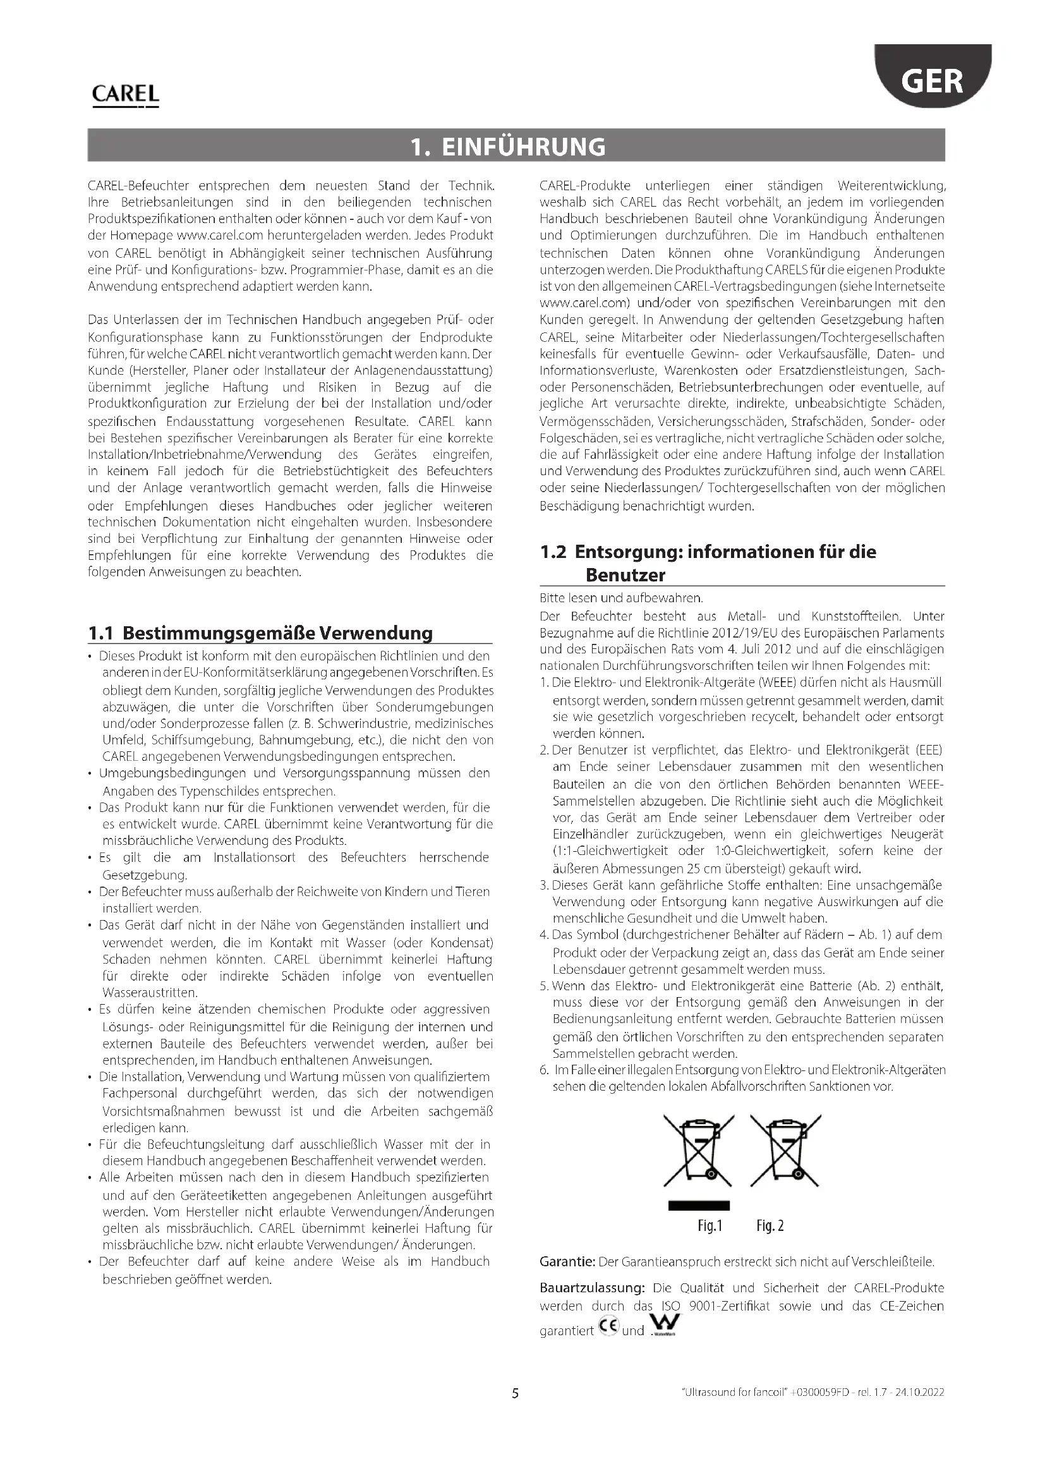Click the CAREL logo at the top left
point(126,95)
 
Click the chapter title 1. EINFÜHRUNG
point(509,146)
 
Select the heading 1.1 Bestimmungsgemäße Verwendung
point(260,633)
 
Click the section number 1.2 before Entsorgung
point(553,552)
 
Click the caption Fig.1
point(710,1227)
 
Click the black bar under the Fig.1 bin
point(699,1206)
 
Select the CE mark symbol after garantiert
point(608,1327)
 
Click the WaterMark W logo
point(664,1326)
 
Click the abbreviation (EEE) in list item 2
point(924,751)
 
